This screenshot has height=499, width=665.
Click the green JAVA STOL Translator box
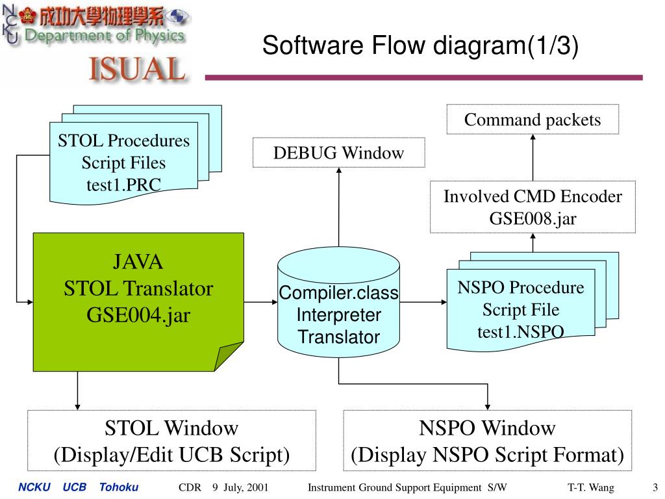click(x=138, y=301)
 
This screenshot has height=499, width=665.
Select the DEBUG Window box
click(x=338, y=152)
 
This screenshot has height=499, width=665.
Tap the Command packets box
click(x=533, y=120)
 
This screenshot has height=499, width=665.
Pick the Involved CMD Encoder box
click(x=533, y=207)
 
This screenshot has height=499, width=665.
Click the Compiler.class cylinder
click(x=338, y=302)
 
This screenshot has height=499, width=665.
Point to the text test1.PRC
click(x=123, y=185)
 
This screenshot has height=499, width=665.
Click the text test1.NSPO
click(x=520, y=331)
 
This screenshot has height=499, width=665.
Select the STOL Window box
click(x=171, y=441)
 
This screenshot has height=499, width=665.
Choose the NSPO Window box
click(x=487, y=441)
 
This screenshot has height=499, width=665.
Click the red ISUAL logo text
click(x=137, y=69)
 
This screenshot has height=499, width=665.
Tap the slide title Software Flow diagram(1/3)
click(x=420, y=45)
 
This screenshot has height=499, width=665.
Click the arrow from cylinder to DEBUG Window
click(x=339, y=207)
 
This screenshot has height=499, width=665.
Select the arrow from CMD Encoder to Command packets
click(x=533, y=158)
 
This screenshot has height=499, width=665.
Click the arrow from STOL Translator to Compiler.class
click(x=261, y=302)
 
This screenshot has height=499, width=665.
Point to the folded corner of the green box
click(x=229, y=357)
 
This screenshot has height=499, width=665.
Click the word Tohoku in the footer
click(x=119, y=487)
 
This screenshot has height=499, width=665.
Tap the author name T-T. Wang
click(x=591, y=487)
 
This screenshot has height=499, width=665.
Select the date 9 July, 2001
click(x=240, y=487)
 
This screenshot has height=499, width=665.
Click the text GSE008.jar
click(x=533, y=218)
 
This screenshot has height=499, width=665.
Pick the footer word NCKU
click(x=34, y=487)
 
